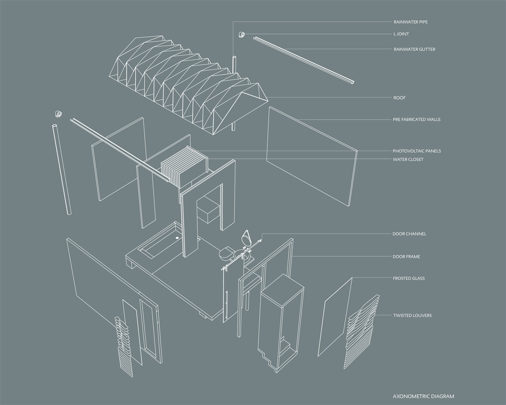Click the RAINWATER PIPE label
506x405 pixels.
(411, 22)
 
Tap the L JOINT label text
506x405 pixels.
(401, 34)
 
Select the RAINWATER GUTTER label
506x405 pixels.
(414, 49)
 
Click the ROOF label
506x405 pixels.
(399, 98)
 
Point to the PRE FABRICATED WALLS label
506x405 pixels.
(416, 119)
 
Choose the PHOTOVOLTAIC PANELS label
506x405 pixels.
(416, 151)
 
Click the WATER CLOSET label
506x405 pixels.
(408, 159)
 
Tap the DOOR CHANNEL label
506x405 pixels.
(409, 234)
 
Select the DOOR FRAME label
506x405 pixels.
(406, 256)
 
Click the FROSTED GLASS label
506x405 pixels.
(409, 278)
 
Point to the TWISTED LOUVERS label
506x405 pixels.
(412, 315)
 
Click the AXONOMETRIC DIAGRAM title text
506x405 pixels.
(423, 396)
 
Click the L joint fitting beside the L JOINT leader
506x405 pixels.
(241, 34)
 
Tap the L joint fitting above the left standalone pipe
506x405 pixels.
(59, 113)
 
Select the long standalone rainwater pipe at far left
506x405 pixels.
(62, 169)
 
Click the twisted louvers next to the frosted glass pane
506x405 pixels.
(361, 332)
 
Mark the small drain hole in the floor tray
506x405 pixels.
(177, 238)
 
